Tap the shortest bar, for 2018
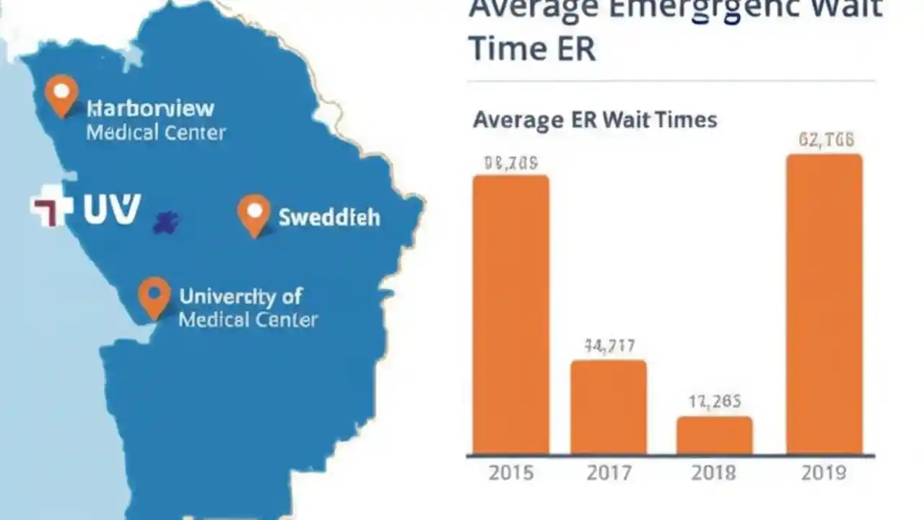(714, 435)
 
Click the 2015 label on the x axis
(511, 473)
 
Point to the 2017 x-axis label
(608, 473)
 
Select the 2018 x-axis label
(713, 473)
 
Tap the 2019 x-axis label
(823, 473)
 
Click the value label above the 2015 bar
(511, 163)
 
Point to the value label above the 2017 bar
(609, 347)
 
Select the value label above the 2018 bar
(714, 402)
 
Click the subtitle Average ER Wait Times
(595, 119)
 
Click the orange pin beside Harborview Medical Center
(61, 94)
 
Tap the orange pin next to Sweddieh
(254, 214)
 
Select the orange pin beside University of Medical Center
(154, 296)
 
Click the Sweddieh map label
(329, 217)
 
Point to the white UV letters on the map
(111, 209)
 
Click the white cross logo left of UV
(52, 208)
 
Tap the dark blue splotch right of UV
(166, 222)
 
